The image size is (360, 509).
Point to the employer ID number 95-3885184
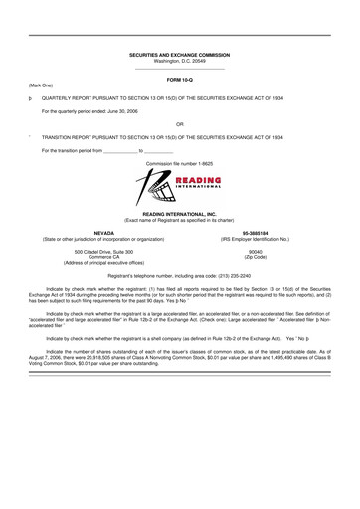261,233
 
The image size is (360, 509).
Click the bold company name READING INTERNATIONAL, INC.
180,213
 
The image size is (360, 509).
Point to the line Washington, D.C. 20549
180,61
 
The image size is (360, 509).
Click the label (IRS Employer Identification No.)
261,239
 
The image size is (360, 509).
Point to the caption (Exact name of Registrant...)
180,219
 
